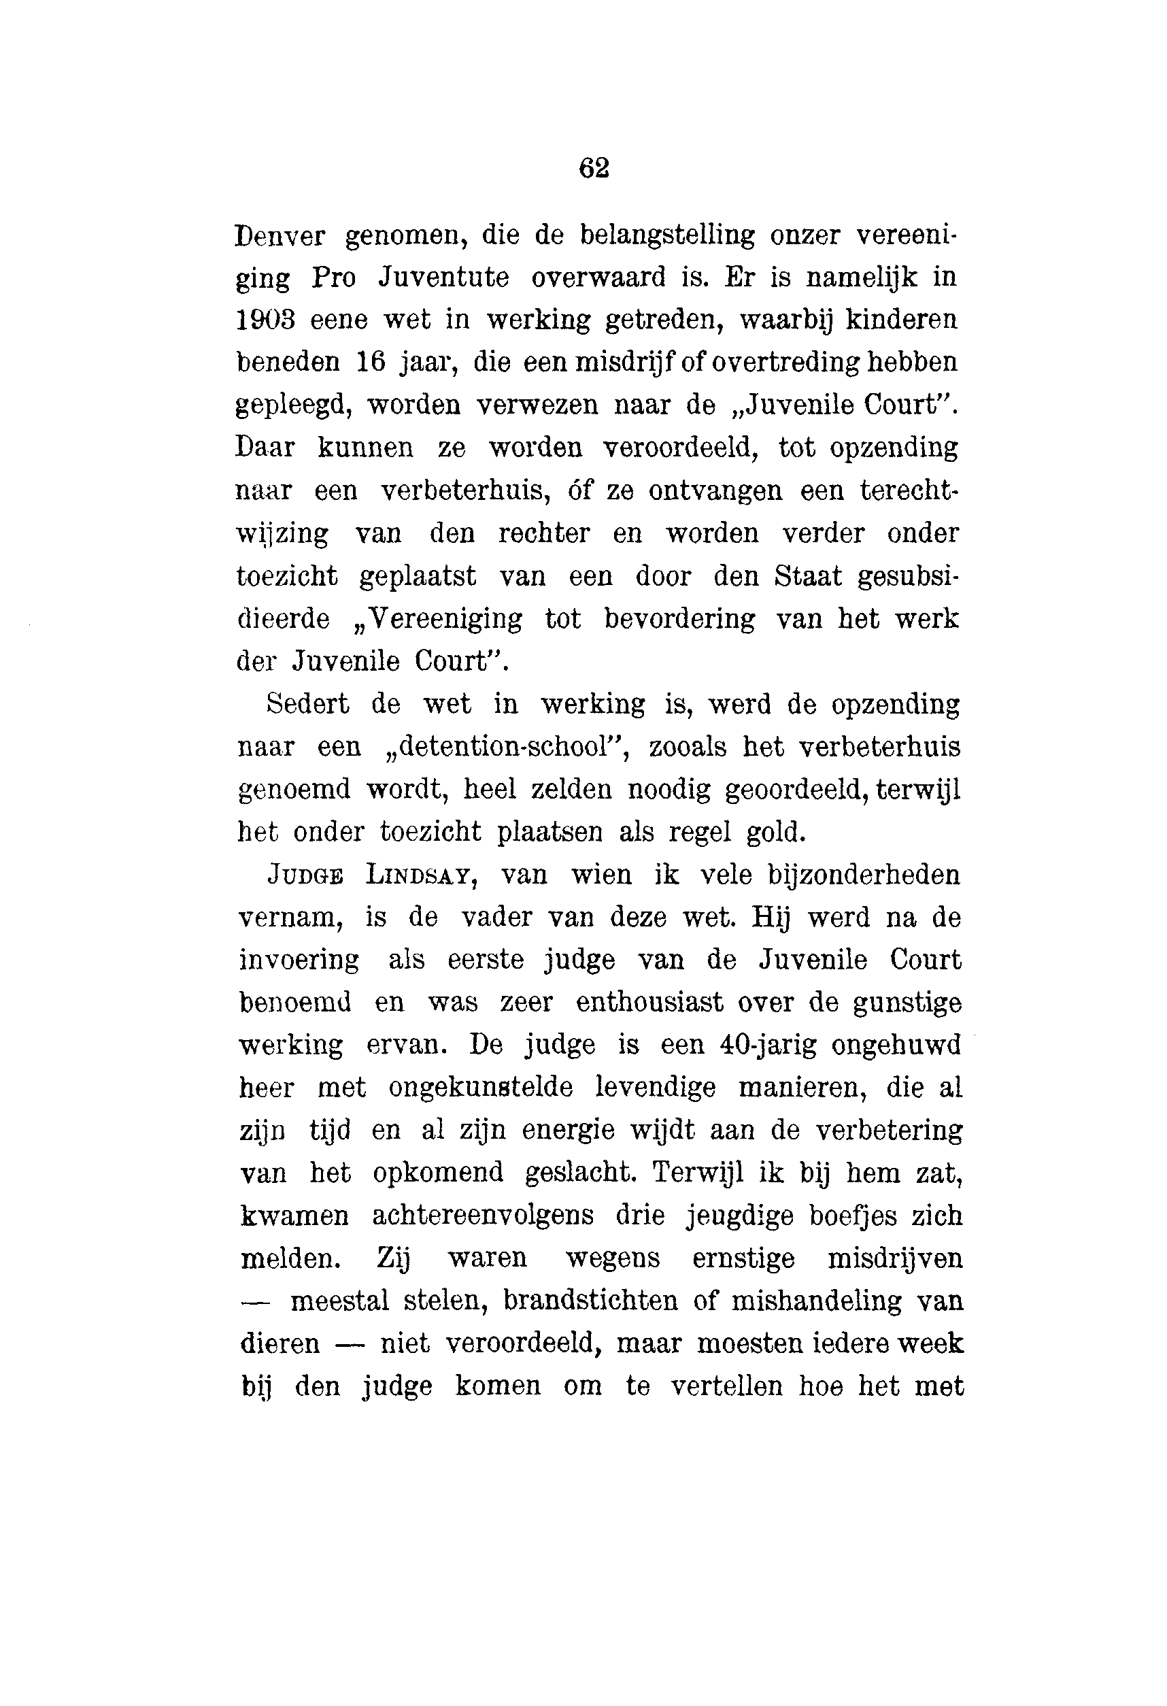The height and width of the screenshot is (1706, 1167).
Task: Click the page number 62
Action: [x=594, y=169]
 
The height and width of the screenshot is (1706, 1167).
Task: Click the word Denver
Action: [x=280, y=235]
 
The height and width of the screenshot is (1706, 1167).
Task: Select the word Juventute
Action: [x=443, y=278]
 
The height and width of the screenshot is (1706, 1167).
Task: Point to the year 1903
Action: [x=265, y=320]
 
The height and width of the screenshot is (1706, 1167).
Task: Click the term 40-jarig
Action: [x=768, y=1046]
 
